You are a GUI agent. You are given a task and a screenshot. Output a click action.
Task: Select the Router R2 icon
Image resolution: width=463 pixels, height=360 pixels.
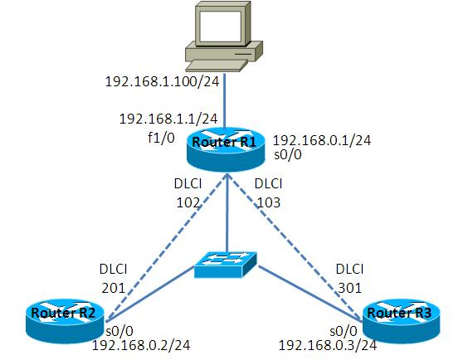(65, 321)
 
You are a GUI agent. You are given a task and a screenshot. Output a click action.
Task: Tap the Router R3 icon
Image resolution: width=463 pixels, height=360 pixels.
(401, 321)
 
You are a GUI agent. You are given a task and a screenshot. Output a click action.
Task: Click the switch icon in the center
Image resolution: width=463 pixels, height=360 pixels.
(226, 265)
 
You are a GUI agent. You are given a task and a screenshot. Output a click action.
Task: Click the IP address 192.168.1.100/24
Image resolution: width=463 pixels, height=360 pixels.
(162, 81)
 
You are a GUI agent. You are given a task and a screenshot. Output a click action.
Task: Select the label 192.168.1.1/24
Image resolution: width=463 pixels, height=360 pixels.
(168, 119)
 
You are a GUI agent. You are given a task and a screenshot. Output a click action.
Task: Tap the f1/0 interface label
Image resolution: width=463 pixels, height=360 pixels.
(161, 138)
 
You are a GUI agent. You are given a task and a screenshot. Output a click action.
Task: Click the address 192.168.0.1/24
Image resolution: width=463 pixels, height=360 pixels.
(322, 140)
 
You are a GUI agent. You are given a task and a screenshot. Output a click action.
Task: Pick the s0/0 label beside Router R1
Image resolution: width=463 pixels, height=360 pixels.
(288, 154)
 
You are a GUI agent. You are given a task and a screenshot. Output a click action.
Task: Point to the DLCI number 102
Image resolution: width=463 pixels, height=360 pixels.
(188, 202)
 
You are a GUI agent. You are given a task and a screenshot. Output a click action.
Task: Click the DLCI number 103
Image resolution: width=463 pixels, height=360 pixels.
(269, 202)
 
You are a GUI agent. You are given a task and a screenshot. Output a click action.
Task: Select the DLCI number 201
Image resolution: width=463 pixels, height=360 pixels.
(114, 288)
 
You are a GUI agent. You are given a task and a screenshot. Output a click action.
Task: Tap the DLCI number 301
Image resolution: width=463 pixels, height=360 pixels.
(350, 288)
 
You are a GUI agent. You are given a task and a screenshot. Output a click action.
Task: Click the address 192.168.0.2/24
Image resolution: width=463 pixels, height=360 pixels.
(141, 345)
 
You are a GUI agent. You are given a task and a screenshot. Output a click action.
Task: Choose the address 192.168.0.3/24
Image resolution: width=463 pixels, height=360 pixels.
(328, 345)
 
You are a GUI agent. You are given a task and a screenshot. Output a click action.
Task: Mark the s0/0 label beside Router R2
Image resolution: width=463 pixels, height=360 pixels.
(119, 331)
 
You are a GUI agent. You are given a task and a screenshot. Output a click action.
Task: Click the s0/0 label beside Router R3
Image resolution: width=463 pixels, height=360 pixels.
(344, 331)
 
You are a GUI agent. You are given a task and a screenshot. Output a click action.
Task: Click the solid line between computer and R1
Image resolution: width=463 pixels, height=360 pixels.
(224, 101)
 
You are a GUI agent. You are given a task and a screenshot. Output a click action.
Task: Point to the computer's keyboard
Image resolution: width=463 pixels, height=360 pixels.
(217, 66)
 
